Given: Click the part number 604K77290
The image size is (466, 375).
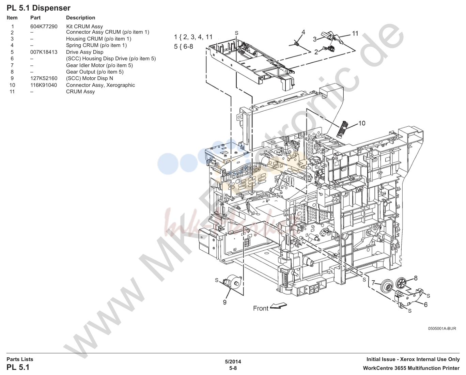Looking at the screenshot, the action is tap(44, 27).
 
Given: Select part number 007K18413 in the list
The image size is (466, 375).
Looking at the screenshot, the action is tap(44, 52).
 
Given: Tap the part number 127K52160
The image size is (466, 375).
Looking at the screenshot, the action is tap(44, 78).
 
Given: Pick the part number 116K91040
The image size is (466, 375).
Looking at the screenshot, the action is tap(44, 85).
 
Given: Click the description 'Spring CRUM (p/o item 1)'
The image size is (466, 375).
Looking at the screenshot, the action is tap(96, 45).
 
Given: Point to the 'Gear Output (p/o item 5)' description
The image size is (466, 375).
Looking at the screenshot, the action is tap(95, 72).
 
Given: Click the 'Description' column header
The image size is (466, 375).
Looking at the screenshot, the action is tap(80, 17).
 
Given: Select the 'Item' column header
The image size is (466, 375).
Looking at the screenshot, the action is tap(12, 17).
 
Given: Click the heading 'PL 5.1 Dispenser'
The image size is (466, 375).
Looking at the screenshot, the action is tap(38, 8).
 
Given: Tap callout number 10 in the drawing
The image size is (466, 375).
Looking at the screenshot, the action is tap(362, 123).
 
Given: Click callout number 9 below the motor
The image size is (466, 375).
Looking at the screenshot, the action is tap(225, 302).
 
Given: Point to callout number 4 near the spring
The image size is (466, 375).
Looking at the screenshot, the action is tap(303, 32).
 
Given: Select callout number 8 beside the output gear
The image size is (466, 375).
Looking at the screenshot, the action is tap(416, 278).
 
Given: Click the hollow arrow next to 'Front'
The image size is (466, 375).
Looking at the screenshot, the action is tap(279, 306).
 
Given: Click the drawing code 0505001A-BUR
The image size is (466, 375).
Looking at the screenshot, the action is tap(442, 328).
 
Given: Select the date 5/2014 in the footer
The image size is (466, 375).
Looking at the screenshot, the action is tap(233, 362).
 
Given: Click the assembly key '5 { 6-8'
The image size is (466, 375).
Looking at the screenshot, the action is tap(183, 47).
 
